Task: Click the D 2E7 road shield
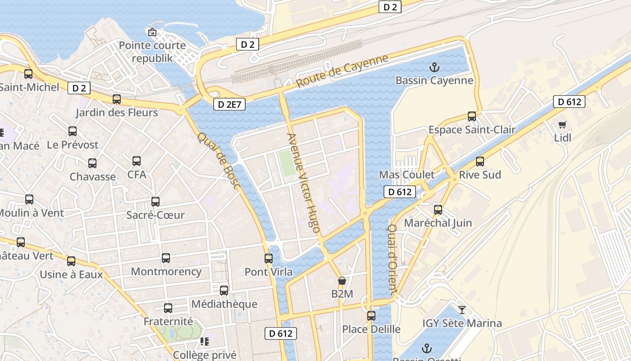tap(229, 105)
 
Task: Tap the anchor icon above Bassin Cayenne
tap(434, 68)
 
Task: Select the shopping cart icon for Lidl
tap(562, 125)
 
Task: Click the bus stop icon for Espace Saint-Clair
tap(472, 116)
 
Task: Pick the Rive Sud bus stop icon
tap(480, 161)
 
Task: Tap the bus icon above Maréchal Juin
tap(438, 209)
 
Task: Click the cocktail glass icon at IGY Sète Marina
tap(462, 310)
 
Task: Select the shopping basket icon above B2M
tap(342, 281)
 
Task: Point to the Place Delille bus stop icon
tap(371, 316)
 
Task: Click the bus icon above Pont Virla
tap(269, 259)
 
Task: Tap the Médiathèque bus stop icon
tap(224, 291)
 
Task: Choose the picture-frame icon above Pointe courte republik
tap(152, 32)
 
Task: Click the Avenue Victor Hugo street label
tap(304, 183)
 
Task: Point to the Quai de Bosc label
tap(219, 161)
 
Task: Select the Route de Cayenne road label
tap(342, 71)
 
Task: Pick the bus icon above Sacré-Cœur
tap(155, 202)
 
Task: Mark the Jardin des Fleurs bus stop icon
tap(117, 99)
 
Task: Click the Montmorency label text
tap(166, 272)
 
